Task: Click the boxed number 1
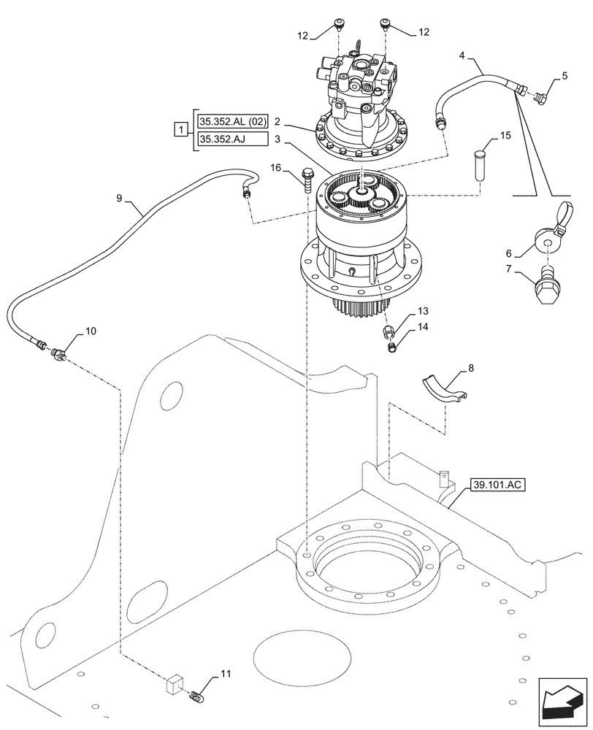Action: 179,129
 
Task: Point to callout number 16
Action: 275,169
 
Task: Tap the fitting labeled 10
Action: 58,354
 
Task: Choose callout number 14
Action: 421,328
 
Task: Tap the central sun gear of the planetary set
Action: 358,193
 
